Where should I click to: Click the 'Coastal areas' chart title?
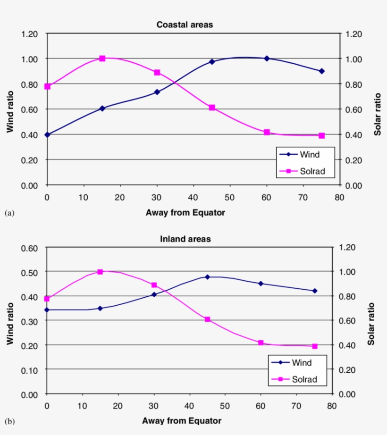point(185,25)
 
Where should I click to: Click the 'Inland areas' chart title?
point(185,239)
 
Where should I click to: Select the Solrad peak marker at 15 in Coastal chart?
point(102,59)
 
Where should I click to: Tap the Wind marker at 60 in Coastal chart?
point(267,59)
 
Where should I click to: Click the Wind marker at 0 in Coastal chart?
point(47,134)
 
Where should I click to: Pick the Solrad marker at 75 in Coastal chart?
point(321,135)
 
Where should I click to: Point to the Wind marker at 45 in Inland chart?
point(208,277)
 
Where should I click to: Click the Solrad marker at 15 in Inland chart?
point(100,272)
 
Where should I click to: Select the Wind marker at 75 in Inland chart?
point(314,291)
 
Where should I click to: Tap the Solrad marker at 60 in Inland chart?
point(261,343)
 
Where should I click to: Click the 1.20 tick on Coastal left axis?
point(29,34)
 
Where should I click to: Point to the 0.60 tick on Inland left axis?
point(29,248)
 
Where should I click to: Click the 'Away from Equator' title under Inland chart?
point(182,420)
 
